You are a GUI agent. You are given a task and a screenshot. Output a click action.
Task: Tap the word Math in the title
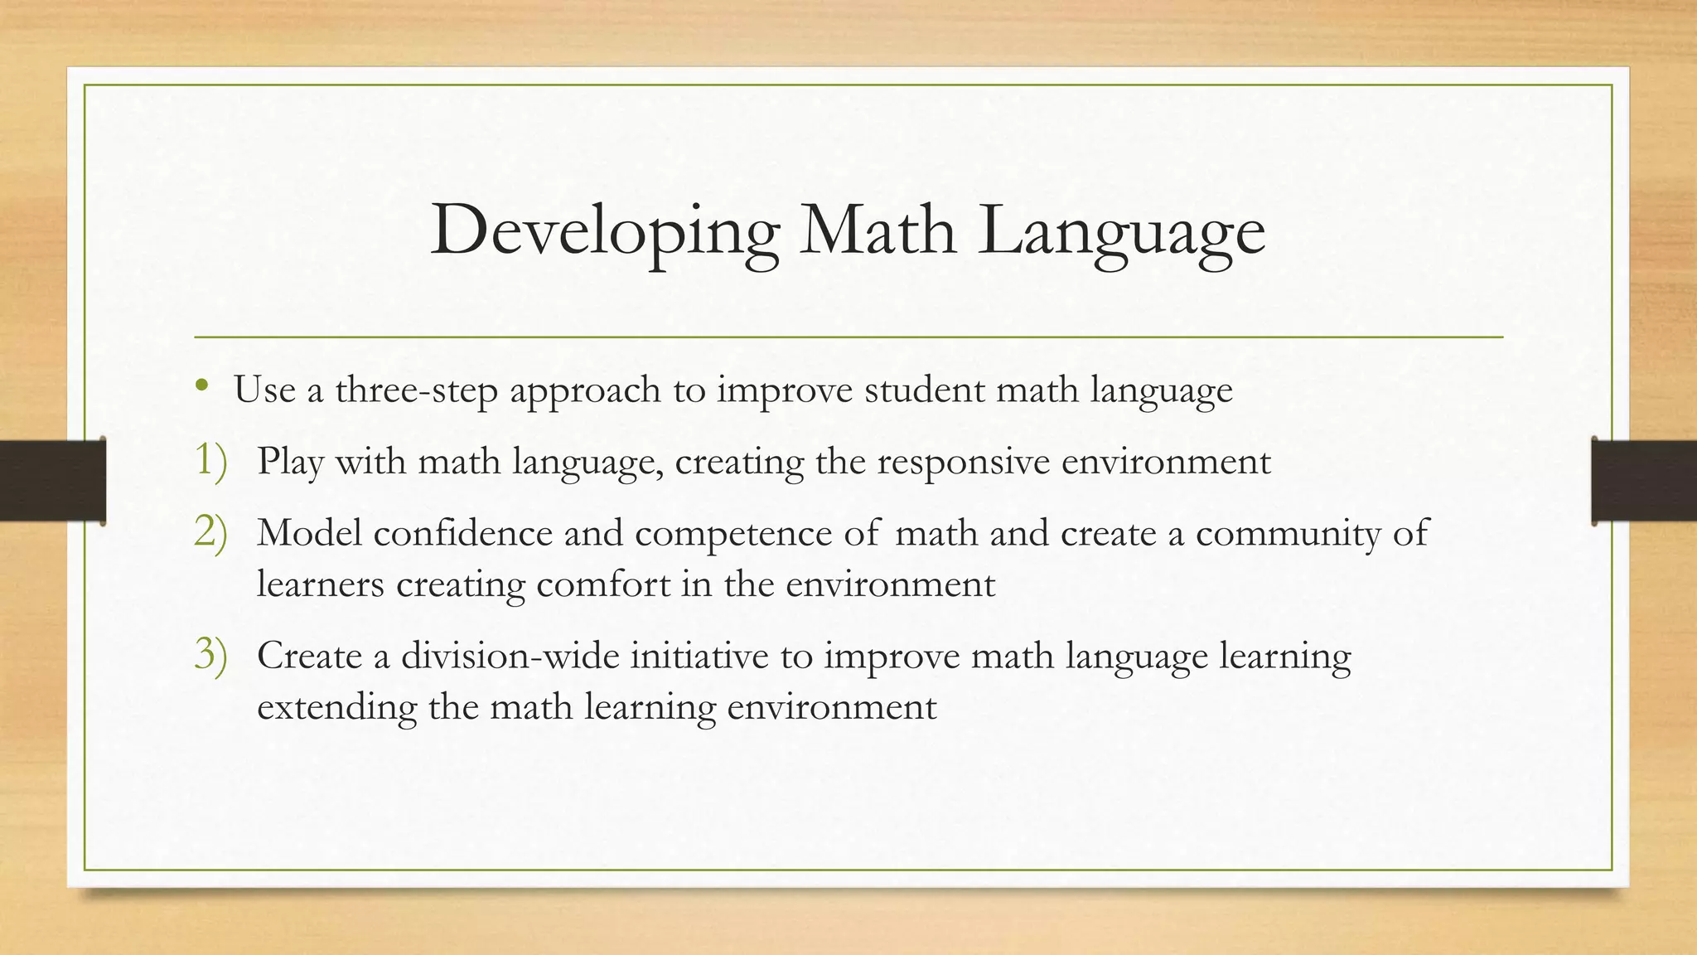tap(878, 230)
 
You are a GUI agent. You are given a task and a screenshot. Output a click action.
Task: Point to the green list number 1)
tap(210, 461)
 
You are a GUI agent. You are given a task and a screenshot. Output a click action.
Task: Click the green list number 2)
tap(210, 532)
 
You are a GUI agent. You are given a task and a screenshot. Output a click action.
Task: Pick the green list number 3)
tap(210, 655)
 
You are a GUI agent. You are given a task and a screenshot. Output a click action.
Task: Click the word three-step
tap(416, 390)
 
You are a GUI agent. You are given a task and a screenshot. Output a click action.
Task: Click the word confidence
tap(462, 532)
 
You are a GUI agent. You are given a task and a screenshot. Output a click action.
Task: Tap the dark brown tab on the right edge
tap(1644, 481)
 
